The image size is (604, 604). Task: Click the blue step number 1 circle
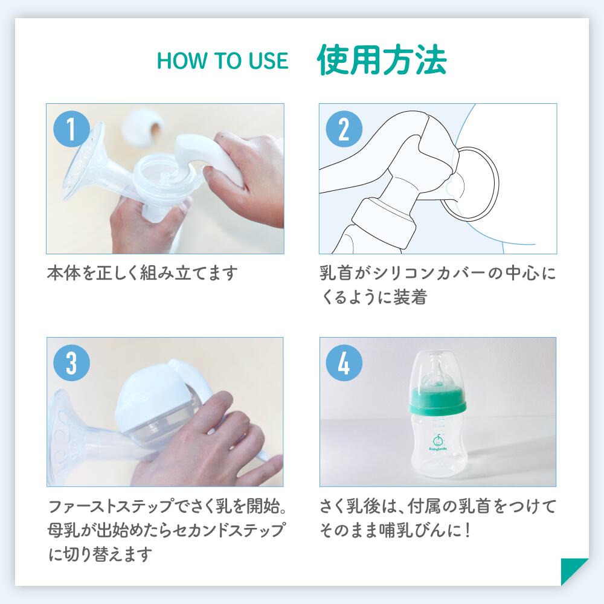[x=72, y=129]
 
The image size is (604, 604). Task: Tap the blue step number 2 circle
[x=344, y=129]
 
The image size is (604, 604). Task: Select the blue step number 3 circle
[x=72, y=363]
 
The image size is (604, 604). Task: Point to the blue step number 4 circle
[x=344, y=363]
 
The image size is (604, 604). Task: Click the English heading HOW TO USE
[x=223, y=61]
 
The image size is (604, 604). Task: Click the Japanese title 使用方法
[x=382, y=60]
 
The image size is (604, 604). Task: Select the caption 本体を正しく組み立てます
[x=143, y=273]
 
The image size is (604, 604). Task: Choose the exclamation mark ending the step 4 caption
[x=467, y=530]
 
